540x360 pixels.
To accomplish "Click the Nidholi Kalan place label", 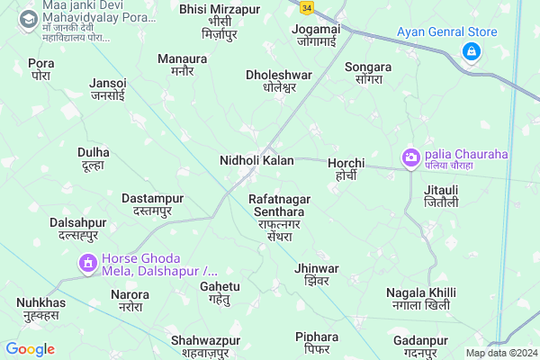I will pyautogui.click(x=256, y=160).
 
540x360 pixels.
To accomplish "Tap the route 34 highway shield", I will pyautogui.click(x=309, y=7).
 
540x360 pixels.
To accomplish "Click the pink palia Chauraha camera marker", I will pyautogui.click(x=411, y=157).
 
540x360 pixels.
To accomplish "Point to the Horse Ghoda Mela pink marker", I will pyautogui.click(x=88, y=263).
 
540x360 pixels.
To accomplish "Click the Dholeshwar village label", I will pyautogui.click(x=279, y=81).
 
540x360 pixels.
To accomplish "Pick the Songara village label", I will pyautogui.click(x=368, y=74).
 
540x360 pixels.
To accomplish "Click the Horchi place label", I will pyautogui.click(x=346, y=168).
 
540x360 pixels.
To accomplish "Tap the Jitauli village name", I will pyautogui.click(x=442, y=196).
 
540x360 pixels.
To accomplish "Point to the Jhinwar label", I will pyautogui.click(x=317, y=274).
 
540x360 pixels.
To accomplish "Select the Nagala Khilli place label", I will pyautogui.click(x=420, y=299).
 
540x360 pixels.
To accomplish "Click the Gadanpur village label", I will pyautogui.click(x=420, y=346).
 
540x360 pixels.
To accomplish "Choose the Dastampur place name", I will pyautogui.click(x=152, y=203).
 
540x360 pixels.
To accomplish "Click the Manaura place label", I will pyautogui.click(x=182, y=65).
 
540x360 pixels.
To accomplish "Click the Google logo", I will pyautogui.click(x=30, y=349).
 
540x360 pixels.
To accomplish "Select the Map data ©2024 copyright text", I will pyautogui.click(x=500, y=353).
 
